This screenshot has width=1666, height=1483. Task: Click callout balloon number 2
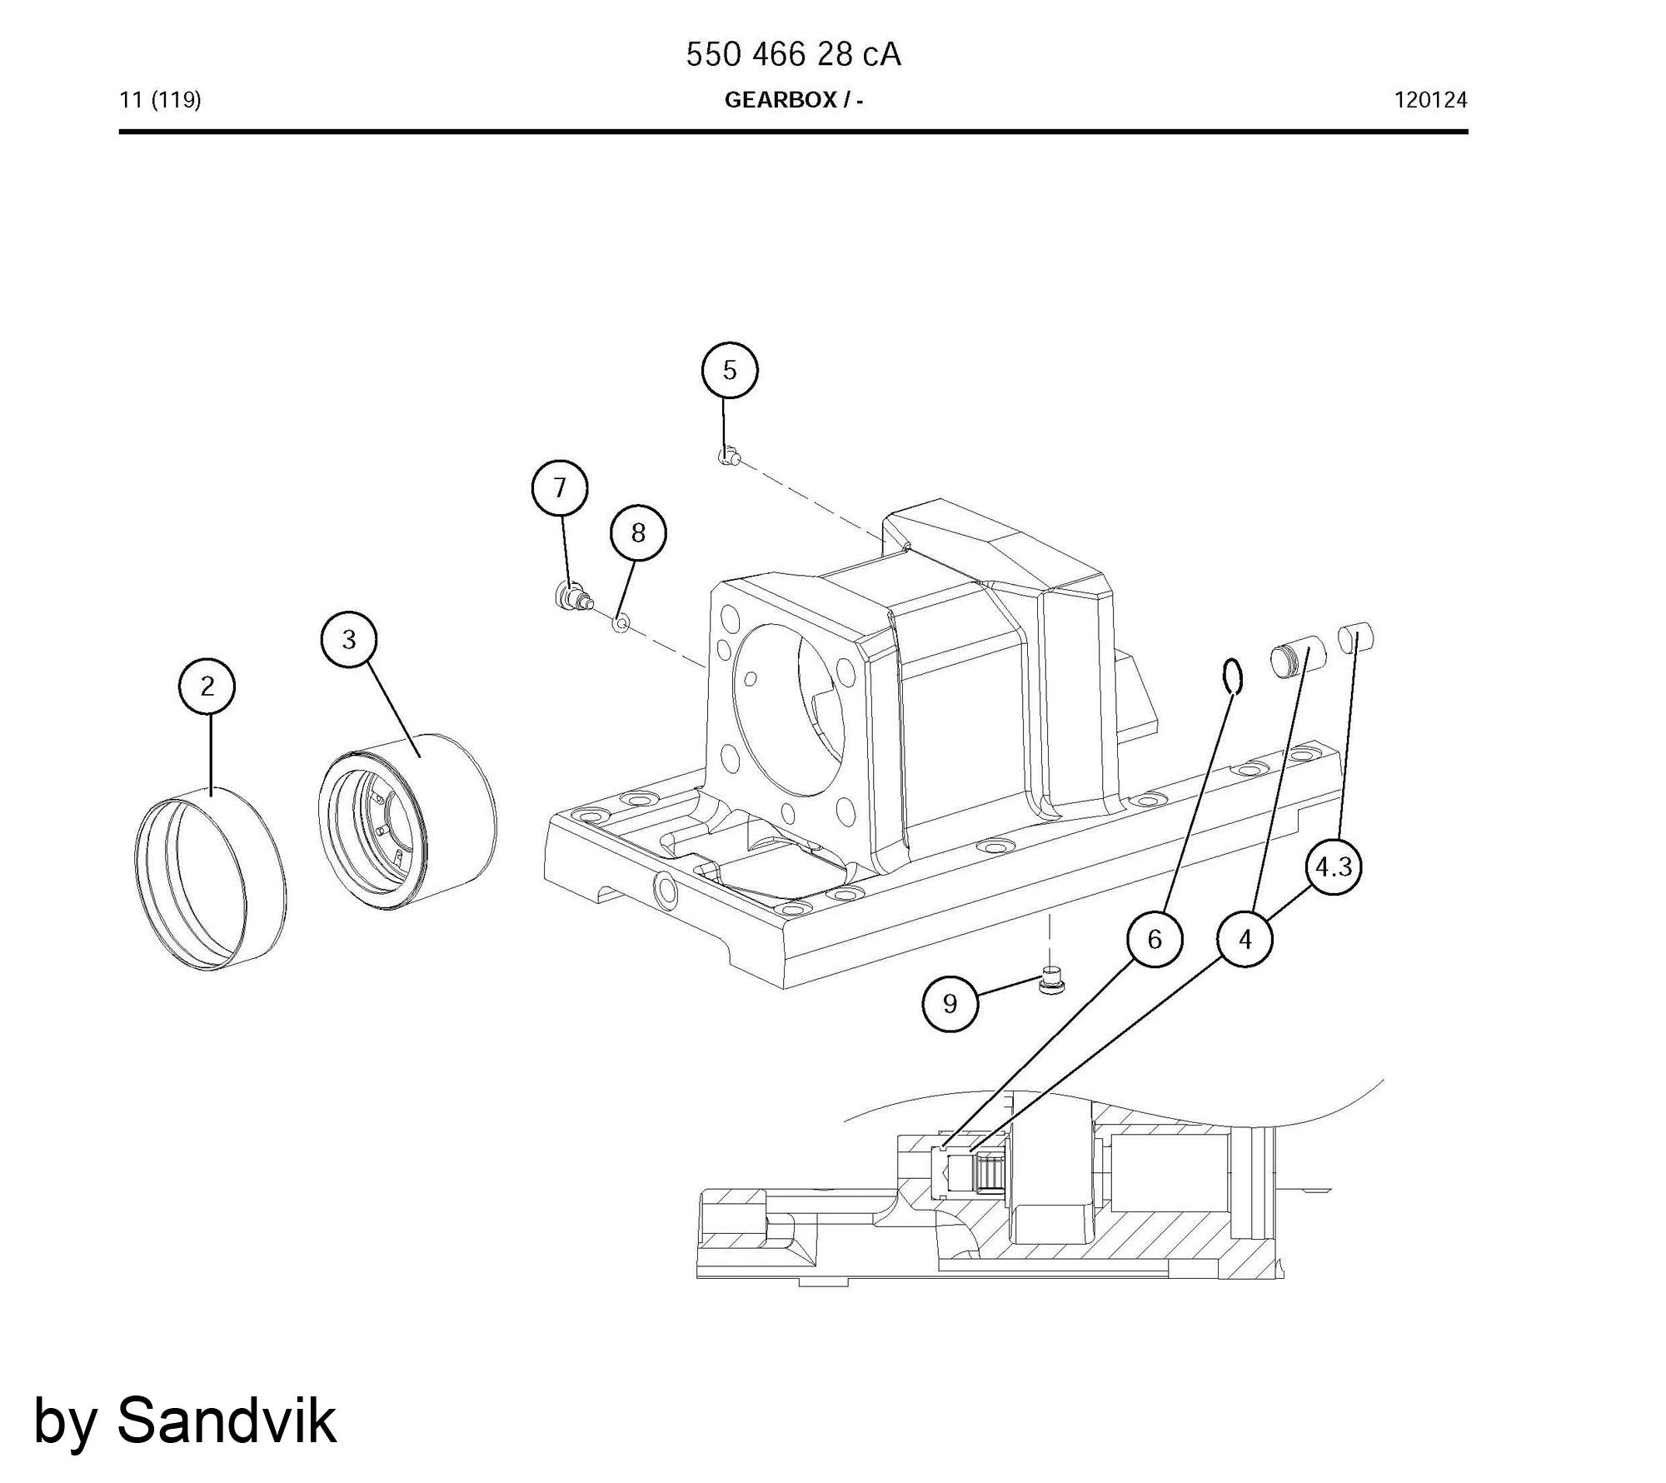[207, 686]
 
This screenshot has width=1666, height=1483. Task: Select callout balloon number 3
[349, 639]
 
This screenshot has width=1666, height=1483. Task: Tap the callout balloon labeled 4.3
[1334, 867]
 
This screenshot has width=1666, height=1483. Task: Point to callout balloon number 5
[730, 370]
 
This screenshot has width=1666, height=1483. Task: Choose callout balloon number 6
[1155, 939]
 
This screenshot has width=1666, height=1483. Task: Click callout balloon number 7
[560, 487]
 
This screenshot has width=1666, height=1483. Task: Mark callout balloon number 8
[638, 532]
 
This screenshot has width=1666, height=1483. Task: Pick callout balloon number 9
[950, 1003]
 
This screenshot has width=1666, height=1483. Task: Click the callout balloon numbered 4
[1245, 939]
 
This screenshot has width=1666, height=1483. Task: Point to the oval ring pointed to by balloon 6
[1234, 676]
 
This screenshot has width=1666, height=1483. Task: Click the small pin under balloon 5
[730, 456]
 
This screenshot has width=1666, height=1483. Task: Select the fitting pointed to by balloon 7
[573, 596]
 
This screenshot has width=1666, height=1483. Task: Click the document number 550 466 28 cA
[793, 55]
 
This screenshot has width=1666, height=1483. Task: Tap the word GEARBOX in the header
[781, 100]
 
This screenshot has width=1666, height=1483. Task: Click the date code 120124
[1430, 101]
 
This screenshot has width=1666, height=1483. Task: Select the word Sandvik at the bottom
[227, 1421]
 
